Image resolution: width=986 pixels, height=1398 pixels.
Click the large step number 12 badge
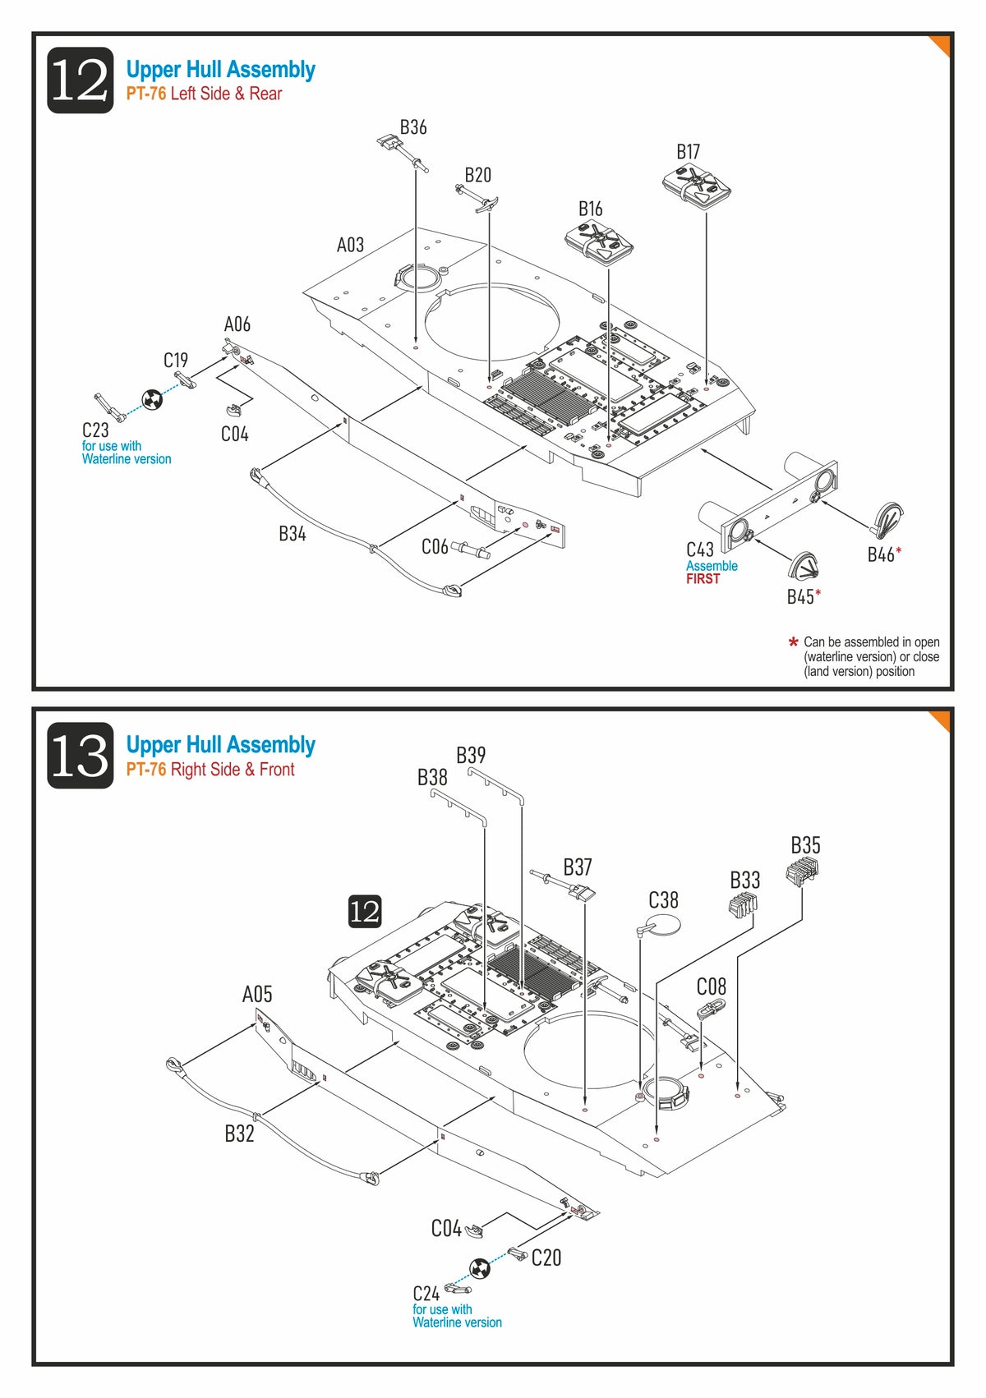(80, 80)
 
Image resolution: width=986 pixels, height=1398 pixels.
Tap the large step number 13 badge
(80, 756)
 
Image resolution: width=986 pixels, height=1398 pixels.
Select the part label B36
(413, 127)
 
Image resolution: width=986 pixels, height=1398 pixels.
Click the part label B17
(688, 152)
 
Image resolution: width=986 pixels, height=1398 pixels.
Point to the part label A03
(350, 245)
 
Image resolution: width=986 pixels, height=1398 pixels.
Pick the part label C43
(700, 550)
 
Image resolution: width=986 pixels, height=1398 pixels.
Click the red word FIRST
(703, 579)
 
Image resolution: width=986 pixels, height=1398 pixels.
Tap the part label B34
(292, 534)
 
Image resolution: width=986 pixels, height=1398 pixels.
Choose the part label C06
(435, 547)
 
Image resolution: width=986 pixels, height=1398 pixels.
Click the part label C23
(95, 430)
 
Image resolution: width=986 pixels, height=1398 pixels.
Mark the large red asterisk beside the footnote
(793, 642)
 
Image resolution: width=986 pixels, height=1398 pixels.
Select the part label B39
(471, 755)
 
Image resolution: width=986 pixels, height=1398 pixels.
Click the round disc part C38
(664, 925)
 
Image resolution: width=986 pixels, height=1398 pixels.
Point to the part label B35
(805, 845)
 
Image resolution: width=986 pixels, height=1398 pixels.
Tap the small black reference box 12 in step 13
(365, 911)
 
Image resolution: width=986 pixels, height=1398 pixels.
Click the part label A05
(256, 995)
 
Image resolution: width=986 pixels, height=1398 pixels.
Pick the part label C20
(546, 1258)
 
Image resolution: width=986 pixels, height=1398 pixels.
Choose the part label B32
(239, 1134)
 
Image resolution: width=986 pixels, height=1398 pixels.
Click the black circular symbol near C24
(480, 1268)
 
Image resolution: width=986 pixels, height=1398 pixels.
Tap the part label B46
(881, 554)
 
